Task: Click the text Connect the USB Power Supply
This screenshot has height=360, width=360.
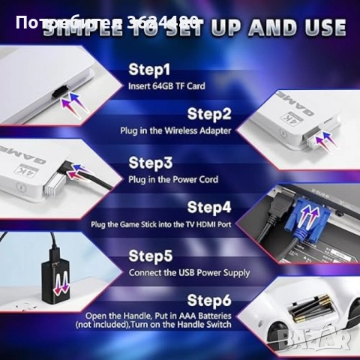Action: tap(189, 272)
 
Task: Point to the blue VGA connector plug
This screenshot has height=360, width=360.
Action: tap(301, 218)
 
